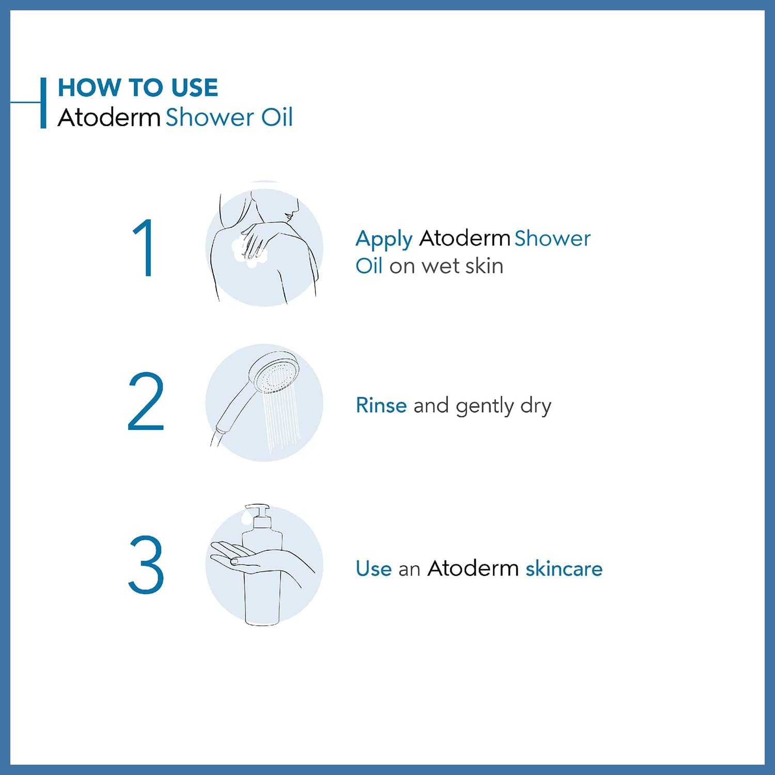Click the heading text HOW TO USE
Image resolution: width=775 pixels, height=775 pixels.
[x=138, y=87]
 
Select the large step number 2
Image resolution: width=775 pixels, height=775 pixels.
[x=146, y=401]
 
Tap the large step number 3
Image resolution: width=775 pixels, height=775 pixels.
[x=146, y=564]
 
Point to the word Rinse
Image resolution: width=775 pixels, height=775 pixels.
[x=381, y=405]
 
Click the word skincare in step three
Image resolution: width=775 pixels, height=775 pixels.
[x=564, y=568]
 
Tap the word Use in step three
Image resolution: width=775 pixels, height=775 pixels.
[x=374, y=568]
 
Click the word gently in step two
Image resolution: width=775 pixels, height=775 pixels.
[x=485, y=406]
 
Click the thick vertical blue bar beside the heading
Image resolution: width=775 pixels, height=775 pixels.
[x=43, y=103]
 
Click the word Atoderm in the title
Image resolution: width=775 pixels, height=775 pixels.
[x=109, y=117]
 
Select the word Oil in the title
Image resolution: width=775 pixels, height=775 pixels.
[x=277, y=117]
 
